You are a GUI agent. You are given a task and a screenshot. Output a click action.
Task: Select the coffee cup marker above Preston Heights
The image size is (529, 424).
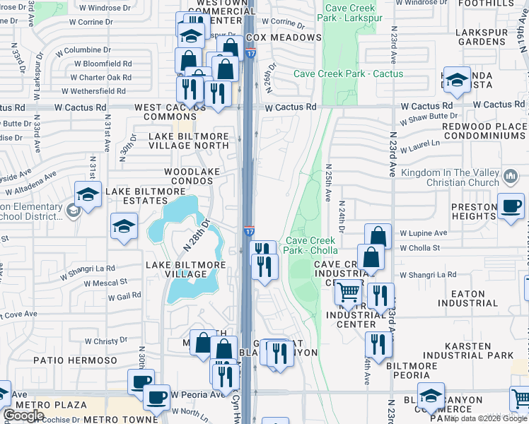point(511,206)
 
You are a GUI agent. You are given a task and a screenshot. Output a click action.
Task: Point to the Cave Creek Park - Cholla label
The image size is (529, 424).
point(310,245)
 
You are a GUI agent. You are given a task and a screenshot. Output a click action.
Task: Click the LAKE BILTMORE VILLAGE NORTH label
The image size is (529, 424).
point(188,141)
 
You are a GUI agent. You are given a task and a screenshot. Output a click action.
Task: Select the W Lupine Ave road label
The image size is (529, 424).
point(424,232)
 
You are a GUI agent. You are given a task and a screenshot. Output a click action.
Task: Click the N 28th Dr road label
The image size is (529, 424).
point(197,235)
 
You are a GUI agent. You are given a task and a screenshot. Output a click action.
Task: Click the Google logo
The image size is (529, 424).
point(24,416)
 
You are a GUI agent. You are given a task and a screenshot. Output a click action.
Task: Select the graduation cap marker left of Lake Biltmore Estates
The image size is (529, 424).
point(87,196)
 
